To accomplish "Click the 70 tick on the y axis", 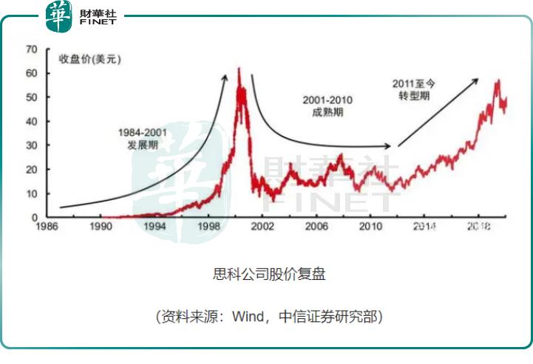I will coord(31,49).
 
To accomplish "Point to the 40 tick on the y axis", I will coord(31,121).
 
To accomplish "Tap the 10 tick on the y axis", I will coord(31,193).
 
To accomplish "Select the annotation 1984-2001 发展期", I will coord(144,138).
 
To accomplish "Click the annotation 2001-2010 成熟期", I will coord(328,106).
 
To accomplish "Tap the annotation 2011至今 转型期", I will coord(414,89).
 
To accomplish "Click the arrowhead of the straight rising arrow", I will coord(475,82).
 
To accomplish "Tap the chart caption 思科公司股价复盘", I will coord(269,275).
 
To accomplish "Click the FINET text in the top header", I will coord(98,23).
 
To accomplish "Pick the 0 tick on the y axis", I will coord(34,217).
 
